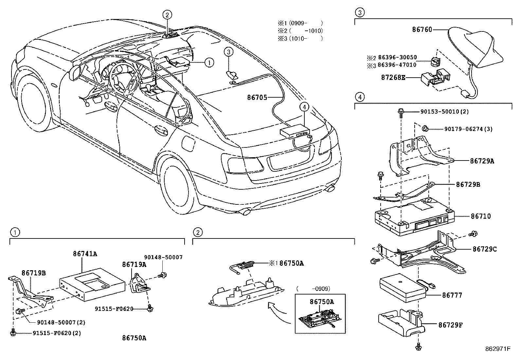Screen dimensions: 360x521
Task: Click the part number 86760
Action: point(422,29)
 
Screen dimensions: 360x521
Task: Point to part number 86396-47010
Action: point(397,65)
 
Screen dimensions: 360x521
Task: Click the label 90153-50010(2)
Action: point(444,112)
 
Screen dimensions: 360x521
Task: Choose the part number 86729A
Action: point(482,161)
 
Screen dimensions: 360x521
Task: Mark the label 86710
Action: point(481,216)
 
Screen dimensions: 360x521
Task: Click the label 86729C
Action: point(484,249)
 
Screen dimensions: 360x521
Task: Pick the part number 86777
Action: point(452,295)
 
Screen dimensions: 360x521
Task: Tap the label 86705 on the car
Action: point(257,97)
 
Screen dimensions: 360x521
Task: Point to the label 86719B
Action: point(34,273)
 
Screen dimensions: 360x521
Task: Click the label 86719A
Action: point(134,264)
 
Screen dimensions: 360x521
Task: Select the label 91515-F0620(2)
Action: point(57,333)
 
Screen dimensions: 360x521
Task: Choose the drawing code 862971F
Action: point(498,349)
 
